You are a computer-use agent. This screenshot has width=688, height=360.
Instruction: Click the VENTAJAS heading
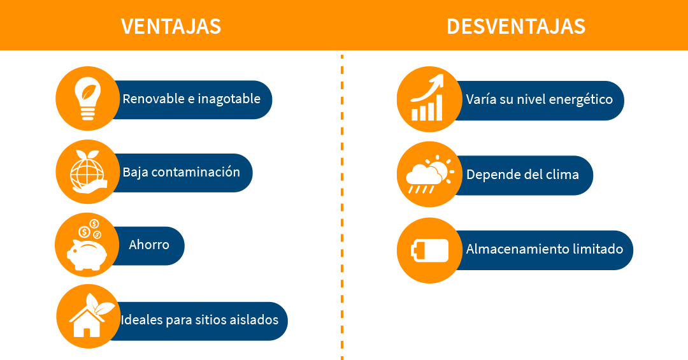pyautogui.click(x=171, y=26)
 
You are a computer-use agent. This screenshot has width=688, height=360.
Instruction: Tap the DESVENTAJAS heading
pyautogui.click(x=515, y=26)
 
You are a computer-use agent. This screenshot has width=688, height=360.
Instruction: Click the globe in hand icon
pyautogui.click(x=87, y=171)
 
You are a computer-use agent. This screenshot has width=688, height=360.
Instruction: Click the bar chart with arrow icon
pyautogui.click(x=428, y=99)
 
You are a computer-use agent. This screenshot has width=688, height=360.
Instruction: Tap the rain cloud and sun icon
pyautogui.click(x=428, y=173)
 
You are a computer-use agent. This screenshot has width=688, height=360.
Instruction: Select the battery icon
pyautogui.click(x=428, y=250)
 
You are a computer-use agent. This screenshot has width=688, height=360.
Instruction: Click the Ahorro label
pyautogui.click(x=149, y=245)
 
